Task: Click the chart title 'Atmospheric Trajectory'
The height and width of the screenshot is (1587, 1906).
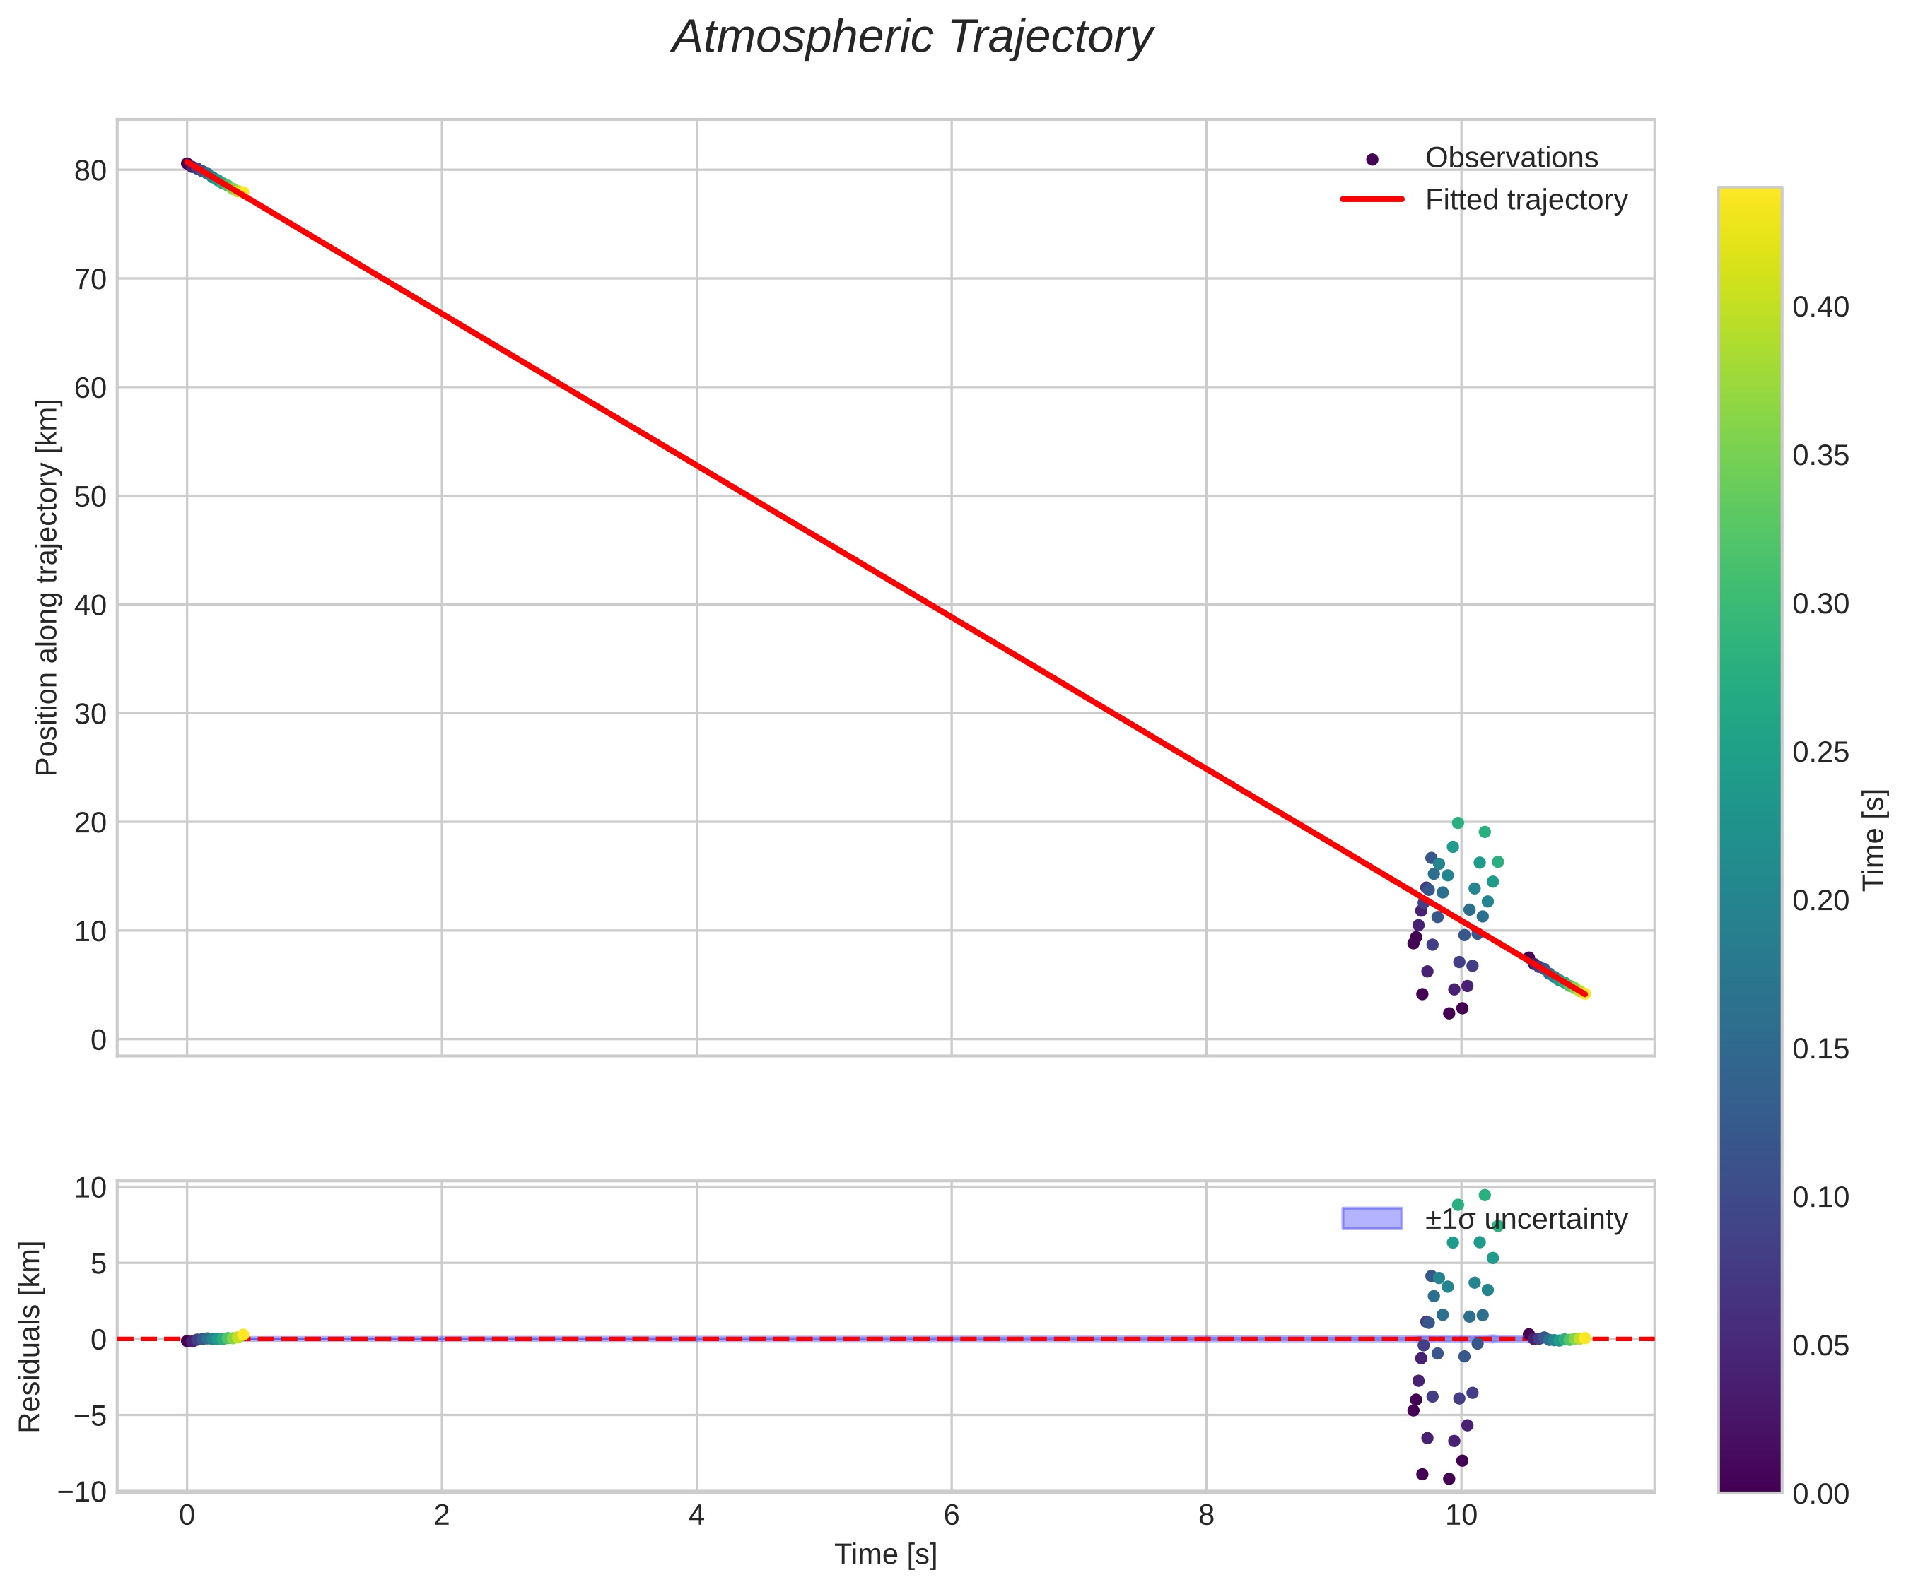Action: (x=912, y=38)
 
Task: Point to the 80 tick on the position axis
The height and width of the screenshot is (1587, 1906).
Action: (x=90, y=170)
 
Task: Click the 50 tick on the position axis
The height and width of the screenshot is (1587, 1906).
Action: (x=90, y=496)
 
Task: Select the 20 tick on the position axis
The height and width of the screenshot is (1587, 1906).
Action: (x=90, y=822)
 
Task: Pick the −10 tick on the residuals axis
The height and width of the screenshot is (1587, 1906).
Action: (x=82, y=1492)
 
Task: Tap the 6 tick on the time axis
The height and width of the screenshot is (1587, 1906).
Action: (x=951, y=1516)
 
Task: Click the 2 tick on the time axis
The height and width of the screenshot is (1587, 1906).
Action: (x=442, y=1516)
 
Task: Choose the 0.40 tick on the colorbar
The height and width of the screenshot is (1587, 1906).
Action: (x=1820, y=307)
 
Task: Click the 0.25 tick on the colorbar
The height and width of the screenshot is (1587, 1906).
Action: (x=1820, y=753)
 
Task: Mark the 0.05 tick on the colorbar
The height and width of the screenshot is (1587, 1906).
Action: (x=1820, y=1345)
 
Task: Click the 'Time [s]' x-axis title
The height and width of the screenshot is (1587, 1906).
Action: (x=885, y=1554)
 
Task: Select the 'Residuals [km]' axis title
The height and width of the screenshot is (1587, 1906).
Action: (x=30, y=1337)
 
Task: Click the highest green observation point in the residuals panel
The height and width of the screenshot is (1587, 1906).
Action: (x=1485, y=1195)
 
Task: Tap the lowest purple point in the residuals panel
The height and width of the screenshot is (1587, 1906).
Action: (x=1449, y=1479)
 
